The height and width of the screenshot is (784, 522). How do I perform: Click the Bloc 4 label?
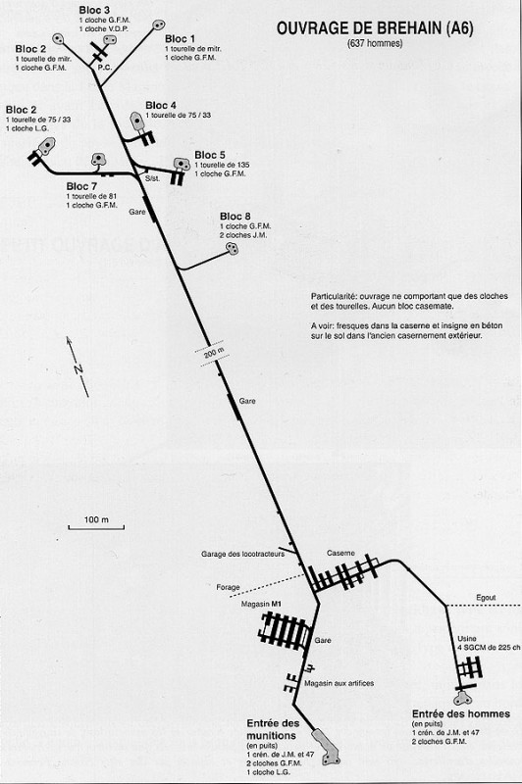(x=161, y=105)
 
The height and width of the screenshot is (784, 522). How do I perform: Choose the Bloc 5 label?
(x=210, y=155)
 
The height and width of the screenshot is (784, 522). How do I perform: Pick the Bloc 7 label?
(x=82, y=185)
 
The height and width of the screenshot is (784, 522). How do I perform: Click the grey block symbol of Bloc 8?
(x=233, y=249)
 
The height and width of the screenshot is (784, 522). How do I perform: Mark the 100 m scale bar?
(x=96, y=528)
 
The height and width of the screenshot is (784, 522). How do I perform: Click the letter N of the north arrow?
(x=76, y=368)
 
